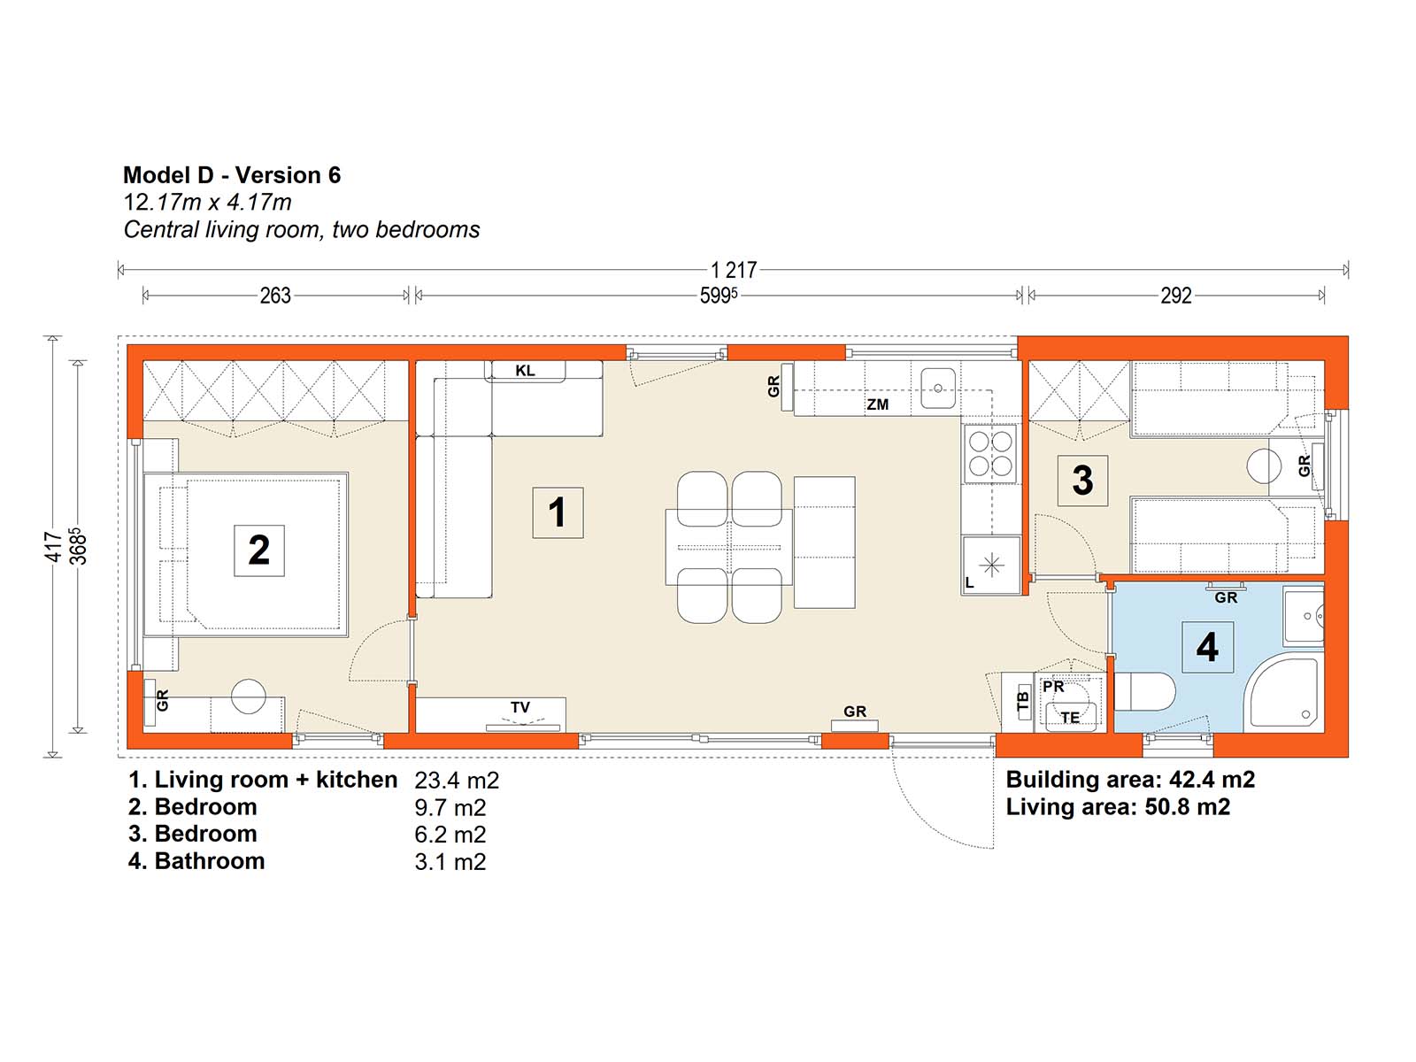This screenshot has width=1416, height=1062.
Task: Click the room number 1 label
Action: click(558, 512)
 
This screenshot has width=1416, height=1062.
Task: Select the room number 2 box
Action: click(258, 550)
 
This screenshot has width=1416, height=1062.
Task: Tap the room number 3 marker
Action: click(1081, 481)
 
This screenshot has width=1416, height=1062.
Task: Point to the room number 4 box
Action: click(1207, 647)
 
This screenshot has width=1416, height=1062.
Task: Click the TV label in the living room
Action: click(520, 707)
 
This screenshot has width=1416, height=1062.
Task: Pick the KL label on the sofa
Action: click(525, 370)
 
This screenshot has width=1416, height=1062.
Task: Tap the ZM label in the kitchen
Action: click(877, 404)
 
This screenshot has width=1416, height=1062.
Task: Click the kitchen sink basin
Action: click(937, 389)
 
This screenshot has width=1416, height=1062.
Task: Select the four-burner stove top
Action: click(990, 453)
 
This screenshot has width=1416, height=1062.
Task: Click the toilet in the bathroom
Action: click(1144, 691)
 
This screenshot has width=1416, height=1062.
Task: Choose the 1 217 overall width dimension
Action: click(734, 270)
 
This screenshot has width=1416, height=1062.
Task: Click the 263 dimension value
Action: click(275, 296)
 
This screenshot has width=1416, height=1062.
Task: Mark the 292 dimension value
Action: click(1176, 296)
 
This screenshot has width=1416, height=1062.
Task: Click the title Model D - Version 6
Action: click(232, 174)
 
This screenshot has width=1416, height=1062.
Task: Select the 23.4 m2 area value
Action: click(457, 781)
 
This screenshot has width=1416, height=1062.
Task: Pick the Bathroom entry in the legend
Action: click(196, 861)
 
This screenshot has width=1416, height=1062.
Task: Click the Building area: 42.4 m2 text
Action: click(1130, 780)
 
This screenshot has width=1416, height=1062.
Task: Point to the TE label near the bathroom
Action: click(1070, 717)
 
